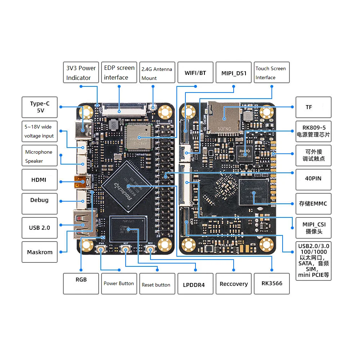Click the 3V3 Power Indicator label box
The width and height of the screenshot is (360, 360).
pyautogui.click(x=81, y=73)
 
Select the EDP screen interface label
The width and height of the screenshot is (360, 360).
pyautogui.click(x=119, y=73)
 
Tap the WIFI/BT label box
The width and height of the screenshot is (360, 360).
pyautogui.click(x=195, y=73)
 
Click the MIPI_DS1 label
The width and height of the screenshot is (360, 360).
pyautogui.click(x=234, y=73)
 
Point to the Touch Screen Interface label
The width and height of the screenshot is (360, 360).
pyautogui.click(x=272, y=73)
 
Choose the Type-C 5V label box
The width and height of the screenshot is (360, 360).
pyautogui.click(x=40, y=107)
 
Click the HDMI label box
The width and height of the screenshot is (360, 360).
pyautogui.click(x=40, y=180)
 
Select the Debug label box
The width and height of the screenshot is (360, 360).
pyautogui.click(x=40, y=203)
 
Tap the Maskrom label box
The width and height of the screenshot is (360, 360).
pyautogui.click(x=40, y=252)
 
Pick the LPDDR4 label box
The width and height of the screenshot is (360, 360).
pyautogui.click(x=195, y=284)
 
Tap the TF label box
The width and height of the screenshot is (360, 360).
pyautogui.click(x=313, y=107)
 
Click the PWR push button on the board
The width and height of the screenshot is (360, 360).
pyautogui.click(x=101, y=250)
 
